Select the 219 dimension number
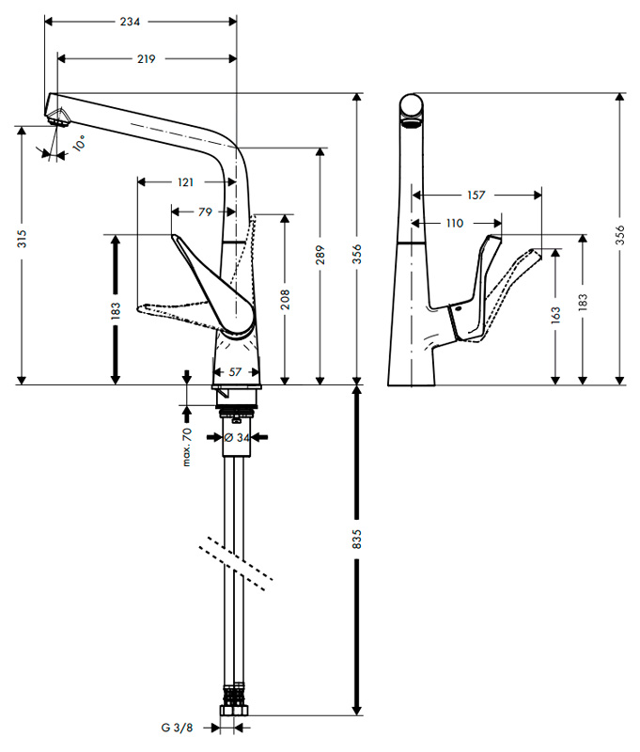145,58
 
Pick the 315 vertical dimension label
22,240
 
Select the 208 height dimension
285,299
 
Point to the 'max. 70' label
187,446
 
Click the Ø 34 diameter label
237,437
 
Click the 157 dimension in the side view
476,196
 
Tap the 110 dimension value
455,224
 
